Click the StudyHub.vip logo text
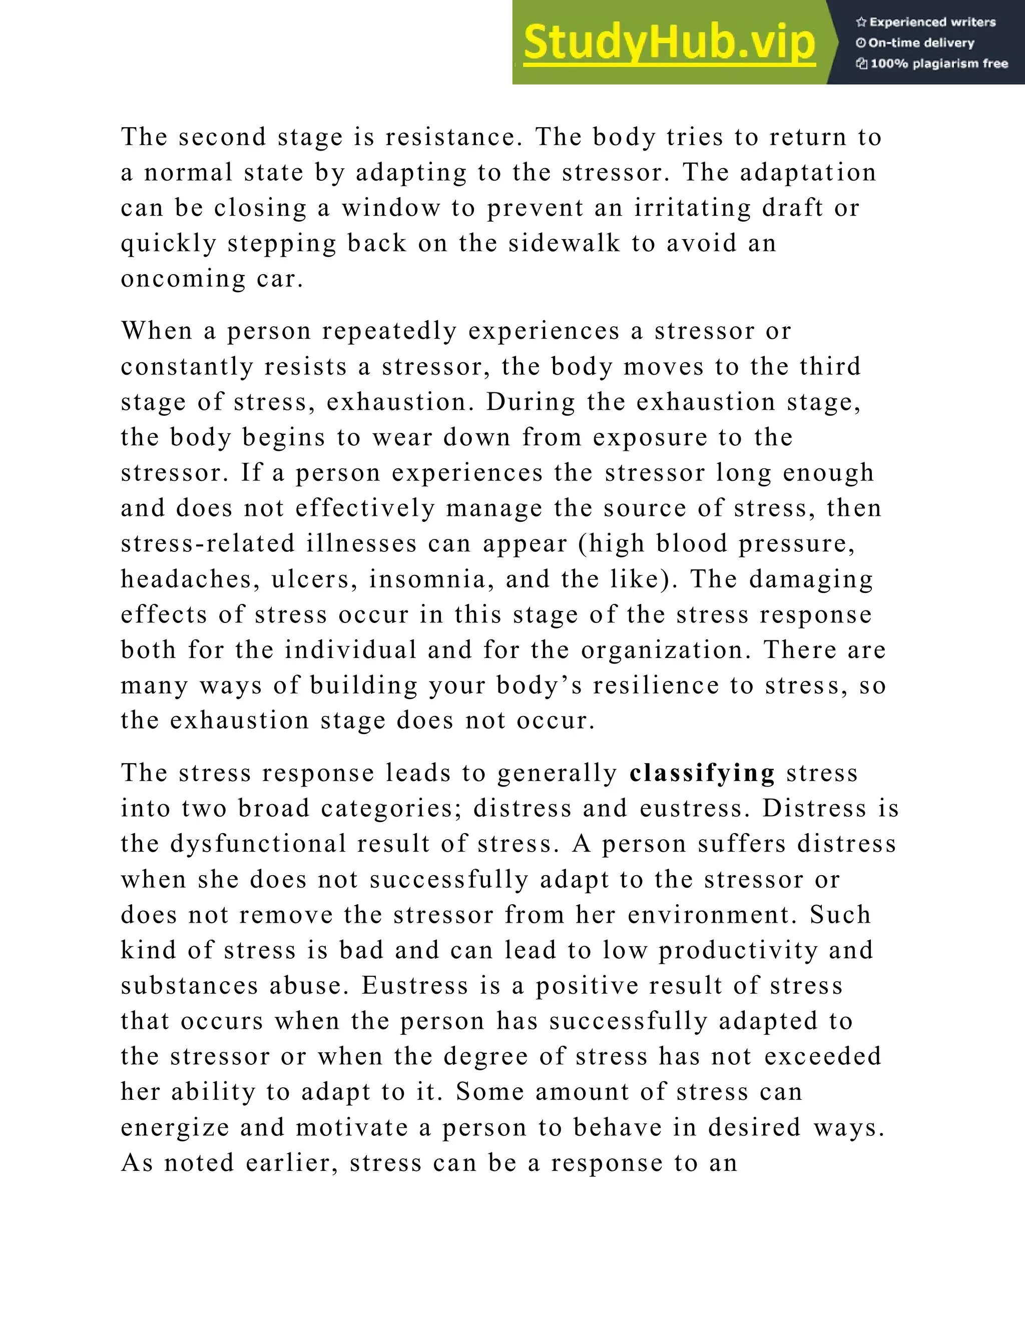[x=669, y=43]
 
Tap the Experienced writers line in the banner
[x=926, y=23]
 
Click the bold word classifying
[x=703, y=773]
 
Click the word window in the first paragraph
[x=391, y=208]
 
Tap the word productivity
[x=738, y=950]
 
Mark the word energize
[x=174, y=1127]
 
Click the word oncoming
[x=183, y=279]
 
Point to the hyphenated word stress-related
[x=208, y=543]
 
